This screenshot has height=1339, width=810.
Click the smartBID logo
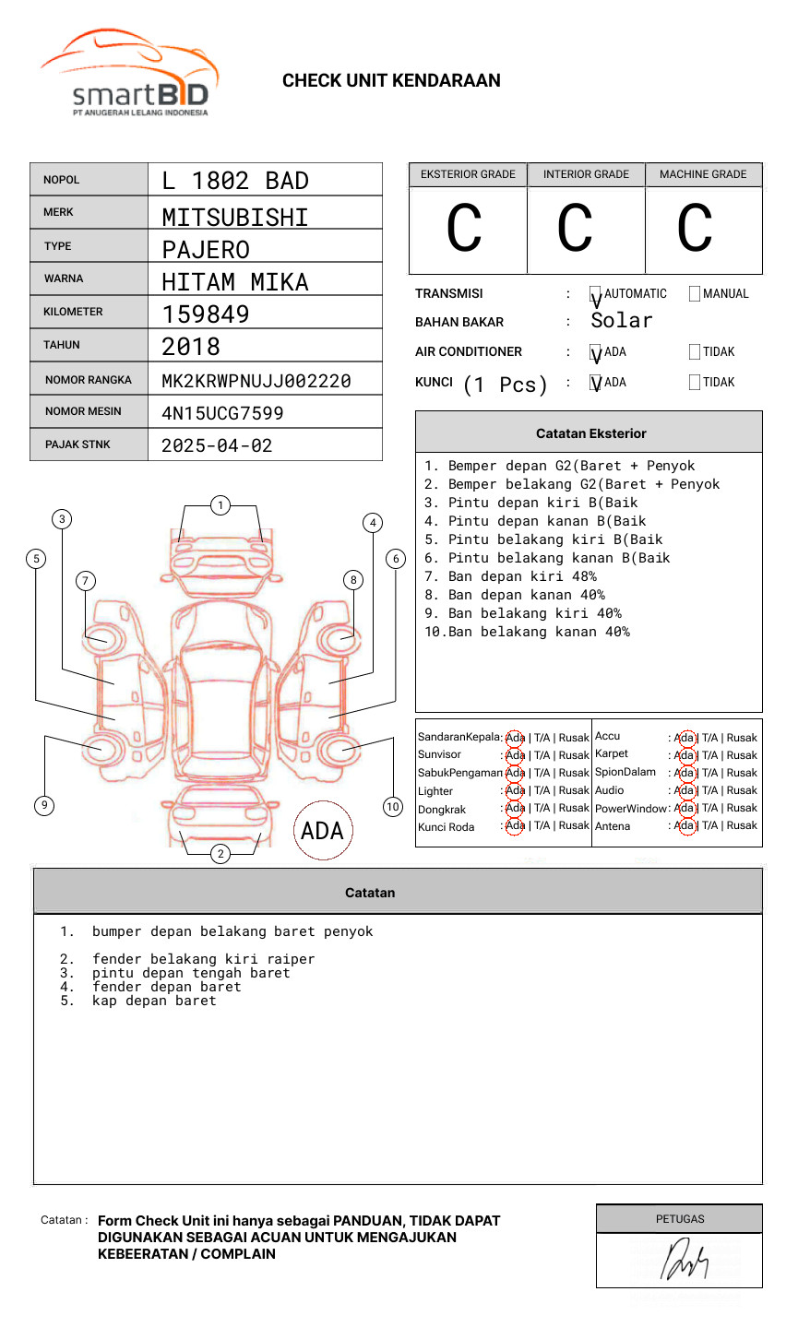coord(129,75)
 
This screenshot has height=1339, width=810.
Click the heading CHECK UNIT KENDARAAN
coord(391,81)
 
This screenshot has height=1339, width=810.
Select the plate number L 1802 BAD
coord(235,181)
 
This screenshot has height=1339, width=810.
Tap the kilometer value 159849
coord(206,314)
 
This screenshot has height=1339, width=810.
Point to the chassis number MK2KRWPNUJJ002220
coord(256,381)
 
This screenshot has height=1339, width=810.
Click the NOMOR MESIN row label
coord(83,411)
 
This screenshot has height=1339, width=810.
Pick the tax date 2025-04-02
coord(217,445)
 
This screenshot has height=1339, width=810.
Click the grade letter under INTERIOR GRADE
coord(575,229)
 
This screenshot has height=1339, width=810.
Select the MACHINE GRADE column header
coord(703,174)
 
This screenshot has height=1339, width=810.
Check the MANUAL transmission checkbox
coord(695,294)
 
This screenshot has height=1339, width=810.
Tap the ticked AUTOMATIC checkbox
coord(596,295)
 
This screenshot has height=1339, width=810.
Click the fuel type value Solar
coord(621,321)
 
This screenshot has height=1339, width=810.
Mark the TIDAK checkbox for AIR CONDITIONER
coord(695,352)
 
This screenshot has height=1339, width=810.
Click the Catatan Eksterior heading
coord(590,433)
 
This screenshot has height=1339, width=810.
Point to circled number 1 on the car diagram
coord(220,505)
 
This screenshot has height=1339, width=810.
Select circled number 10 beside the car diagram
coord(393,807)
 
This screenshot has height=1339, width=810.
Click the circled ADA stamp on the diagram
coord(322,831)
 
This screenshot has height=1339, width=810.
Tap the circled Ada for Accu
coord(685,738)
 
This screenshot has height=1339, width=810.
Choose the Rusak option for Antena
coord(742,826)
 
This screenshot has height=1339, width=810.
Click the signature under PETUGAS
coord(684,1261)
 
